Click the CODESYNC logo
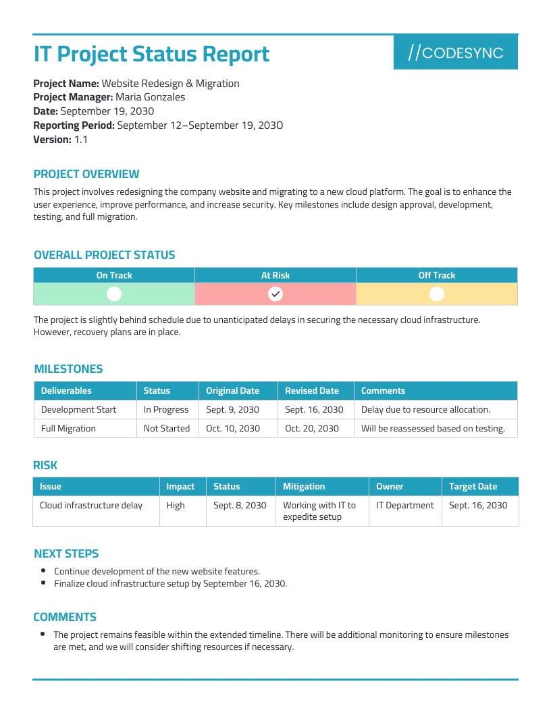click(x=456, y=53)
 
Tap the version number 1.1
click(x=81, y=140)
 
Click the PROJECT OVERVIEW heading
click(x=86, y=174)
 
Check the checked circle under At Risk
click(x=275, y=294)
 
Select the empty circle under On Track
click(x=114, y=294)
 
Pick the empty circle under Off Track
click(x=437, y=294)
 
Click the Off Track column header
click(x=437, y=275)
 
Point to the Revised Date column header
click(x=311, y=390)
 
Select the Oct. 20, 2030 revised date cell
click(x=311, y=428)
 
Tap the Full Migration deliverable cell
click(x=68, y=428)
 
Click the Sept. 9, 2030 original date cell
click(x=232, y=409)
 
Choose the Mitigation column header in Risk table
click(x=304, y=486)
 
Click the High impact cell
click(x=176, y=505)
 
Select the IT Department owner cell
click(x=405, y=505)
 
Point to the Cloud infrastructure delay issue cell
click(x=91, y=505)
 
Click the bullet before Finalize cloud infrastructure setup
click(x=43, y=583)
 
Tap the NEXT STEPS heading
click(x=66, y=554)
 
